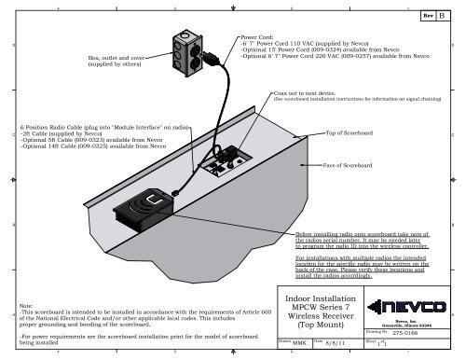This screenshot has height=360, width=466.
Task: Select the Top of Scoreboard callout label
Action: click(352, 133)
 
